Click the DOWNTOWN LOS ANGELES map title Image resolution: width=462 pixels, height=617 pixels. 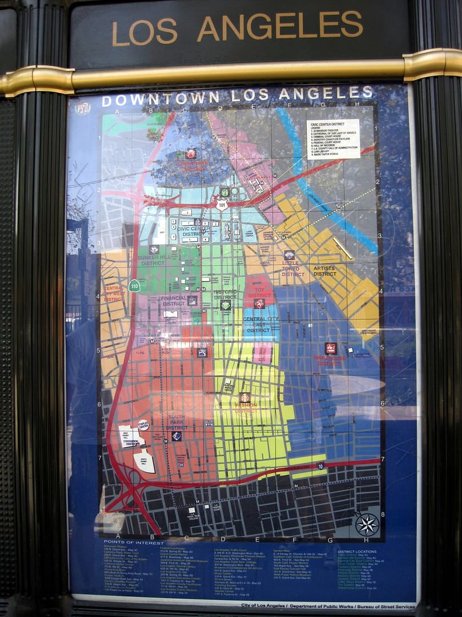(237, 95)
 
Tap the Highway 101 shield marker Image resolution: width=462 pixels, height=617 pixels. (222, 205)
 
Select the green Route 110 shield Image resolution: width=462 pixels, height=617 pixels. (134, 285)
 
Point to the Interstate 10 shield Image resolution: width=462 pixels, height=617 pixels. (321, 466)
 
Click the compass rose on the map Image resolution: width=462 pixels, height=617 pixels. (367, 524)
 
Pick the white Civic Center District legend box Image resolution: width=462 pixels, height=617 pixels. (333, 139)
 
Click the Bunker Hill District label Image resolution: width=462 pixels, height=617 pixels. (152, 260)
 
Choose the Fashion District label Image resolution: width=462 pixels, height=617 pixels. (246, 408)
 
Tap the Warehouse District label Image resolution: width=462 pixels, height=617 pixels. (330, 360)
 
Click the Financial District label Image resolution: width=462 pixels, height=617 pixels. (174, 301)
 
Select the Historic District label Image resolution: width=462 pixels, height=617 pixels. (225, 294)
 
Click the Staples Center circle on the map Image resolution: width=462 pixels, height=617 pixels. (143, 425)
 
